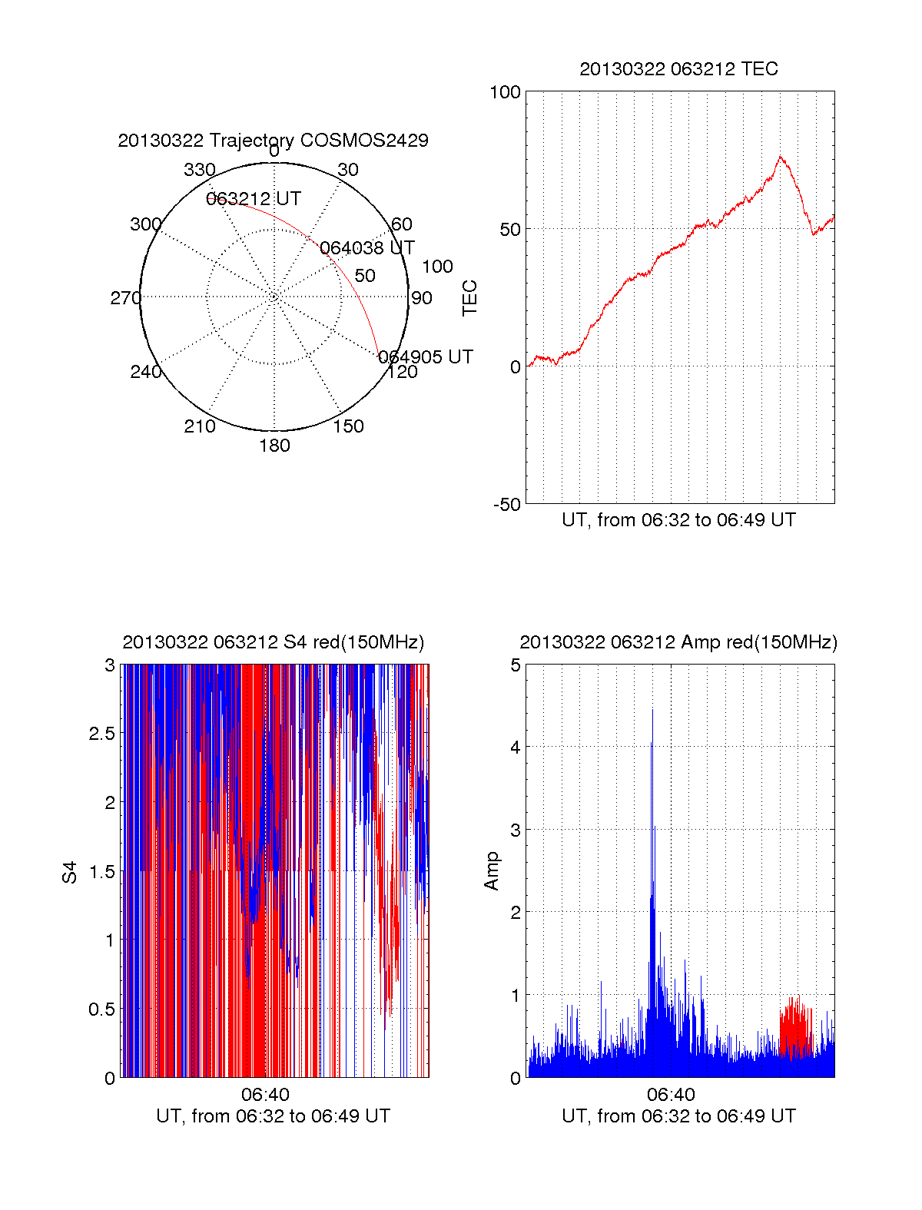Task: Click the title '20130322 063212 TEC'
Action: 678,69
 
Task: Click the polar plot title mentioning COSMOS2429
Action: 273,141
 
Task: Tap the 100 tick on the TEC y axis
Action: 505,93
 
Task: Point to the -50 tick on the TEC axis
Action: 506,505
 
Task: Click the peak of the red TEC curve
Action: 780,157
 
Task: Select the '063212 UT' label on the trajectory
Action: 254,199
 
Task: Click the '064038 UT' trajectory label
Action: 366,248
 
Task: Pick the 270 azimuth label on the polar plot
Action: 125,298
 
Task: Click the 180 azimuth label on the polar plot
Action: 274,446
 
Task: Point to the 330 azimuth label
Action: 199,170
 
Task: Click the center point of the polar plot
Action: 274,297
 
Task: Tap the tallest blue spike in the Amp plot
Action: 652,711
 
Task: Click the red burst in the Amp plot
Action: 796,1027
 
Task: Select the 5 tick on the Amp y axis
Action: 516,665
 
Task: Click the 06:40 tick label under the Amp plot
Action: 671,1095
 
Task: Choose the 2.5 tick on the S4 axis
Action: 102,734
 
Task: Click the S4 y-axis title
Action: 70,872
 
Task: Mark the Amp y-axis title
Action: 491,870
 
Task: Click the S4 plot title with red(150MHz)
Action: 273,642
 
